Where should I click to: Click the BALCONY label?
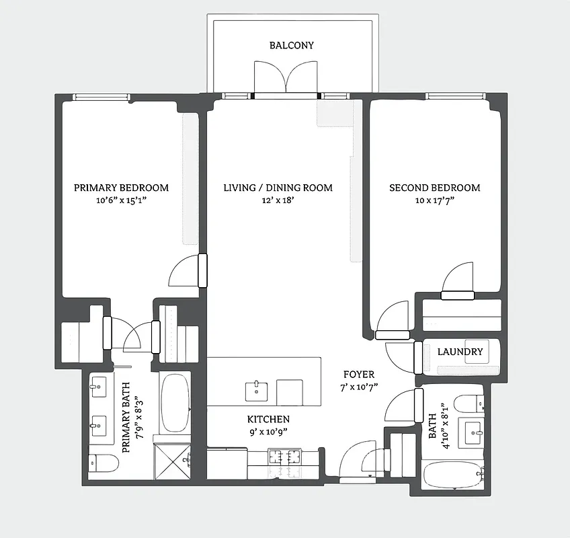pyautogui.click(x=292, y=46)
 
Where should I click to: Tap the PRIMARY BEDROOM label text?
pyautogui.click(x=121, y=188)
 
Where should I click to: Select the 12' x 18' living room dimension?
pyautogui.click(x=278, y=200)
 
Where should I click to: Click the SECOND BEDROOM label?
pyautogui.click(x=435, y=188)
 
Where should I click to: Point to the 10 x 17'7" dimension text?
pyautogui.click(x=435, y=200)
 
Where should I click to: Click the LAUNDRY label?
pyautogui.click(x=460, y=352)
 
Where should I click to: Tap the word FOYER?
pyautogui.click(x=358, y=375)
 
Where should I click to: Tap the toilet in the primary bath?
pyautogui.click(x=103, y=463)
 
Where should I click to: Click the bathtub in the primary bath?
pyautogui.click(x=175, y=403)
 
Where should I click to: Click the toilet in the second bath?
pyautogui.click(x=469, y=403)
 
